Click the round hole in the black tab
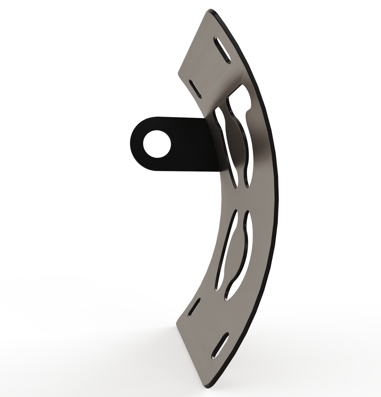[x=157, y=144]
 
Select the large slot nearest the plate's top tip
[x=222, y=51]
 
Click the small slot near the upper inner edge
[x=195, y=89]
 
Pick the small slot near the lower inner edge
[x=194, y=307]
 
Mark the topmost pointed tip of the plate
[x=211, y=10]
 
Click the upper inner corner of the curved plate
[x=179, y=74]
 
